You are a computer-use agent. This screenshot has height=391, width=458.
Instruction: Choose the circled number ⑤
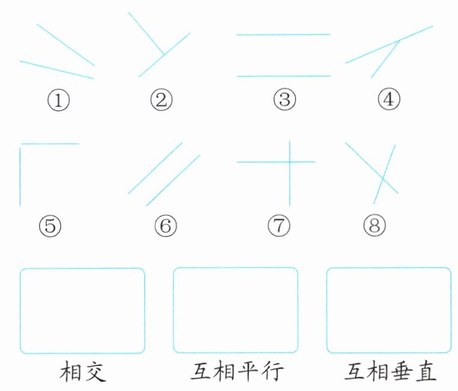(50, 225)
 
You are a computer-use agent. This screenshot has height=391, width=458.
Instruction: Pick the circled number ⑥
(165, 225)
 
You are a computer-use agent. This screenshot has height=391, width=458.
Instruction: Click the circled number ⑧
(375, 225)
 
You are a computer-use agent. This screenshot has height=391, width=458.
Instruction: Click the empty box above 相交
(83, 311)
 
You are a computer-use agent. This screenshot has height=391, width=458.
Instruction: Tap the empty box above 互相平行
(236, 311)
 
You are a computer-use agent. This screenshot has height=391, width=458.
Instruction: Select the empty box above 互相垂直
(388, 311)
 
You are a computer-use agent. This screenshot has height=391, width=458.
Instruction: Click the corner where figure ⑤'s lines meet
(20, 144)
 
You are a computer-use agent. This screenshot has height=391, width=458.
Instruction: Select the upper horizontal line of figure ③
(283, 35)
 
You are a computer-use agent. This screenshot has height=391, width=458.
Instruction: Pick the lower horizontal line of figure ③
(283, 76)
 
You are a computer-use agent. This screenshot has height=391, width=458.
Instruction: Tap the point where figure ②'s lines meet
(163, 55)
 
